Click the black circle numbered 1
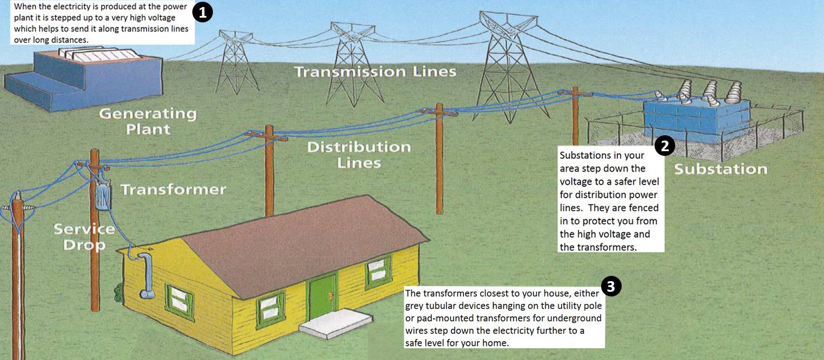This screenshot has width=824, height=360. click(x=203, y=12)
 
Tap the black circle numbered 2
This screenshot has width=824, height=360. click(x=665, y=146)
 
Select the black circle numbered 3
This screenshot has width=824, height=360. click(x=611, y=286)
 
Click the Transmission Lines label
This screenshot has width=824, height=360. click(x=375, y=71)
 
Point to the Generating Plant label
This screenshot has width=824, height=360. click(x=148, y=121)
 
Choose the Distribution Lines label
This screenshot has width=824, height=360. click(x=359, y=155)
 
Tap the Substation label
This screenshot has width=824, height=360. click(x=720, y=169)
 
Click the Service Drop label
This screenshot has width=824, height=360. click(x=84, y=237)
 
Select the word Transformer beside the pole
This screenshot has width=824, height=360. click(x=174, y=189)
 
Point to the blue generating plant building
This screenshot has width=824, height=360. click(x=84, y=80)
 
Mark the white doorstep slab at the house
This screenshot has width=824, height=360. click(x=335, y=324)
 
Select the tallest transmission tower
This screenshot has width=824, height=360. click(x=509, y=66)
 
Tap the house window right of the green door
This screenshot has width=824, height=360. click(x=378, y=272)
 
